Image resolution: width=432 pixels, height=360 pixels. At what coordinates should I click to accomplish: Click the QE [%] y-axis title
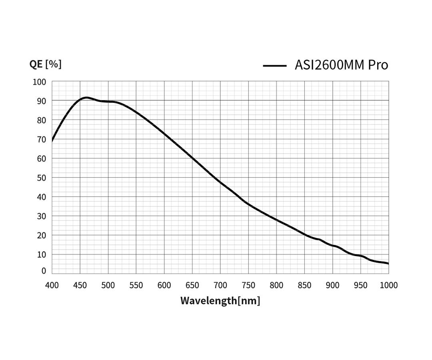tap(45, 64)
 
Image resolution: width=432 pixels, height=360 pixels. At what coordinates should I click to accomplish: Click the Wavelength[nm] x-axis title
tap(220, 300)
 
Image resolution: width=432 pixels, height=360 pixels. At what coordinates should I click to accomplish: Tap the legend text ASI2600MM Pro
tap(341, 65)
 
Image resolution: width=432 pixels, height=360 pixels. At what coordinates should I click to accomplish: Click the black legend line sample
tap(274, 66)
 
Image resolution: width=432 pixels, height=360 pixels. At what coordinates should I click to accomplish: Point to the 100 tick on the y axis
tap(39, 82)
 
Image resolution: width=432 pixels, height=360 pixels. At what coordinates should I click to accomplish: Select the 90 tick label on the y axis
tap(41, 101)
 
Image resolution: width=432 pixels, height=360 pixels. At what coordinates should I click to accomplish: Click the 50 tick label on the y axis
tap(41, 178)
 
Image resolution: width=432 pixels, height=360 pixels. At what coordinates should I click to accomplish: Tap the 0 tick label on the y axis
tap(44, 271)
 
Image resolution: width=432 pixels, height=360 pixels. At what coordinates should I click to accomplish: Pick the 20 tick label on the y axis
tap(41, 235)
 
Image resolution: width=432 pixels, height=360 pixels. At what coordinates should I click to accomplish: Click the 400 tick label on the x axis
tap(52, 285)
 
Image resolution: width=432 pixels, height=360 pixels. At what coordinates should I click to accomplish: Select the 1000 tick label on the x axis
tap(388, 285)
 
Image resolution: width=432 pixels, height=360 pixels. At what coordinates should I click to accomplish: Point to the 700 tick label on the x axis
tap(220, 285)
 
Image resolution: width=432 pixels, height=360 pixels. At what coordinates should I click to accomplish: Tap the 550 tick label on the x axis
tap(136, 285)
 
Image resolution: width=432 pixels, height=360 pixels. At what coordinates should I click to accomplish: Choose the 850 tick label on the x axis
tap(304, 285)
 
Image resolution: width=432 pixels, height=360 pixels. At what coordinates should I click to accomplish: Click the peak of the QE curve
tap(86, 97)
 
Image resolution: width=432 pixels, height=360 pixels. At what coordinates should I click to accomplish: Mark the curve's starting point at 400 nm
tap(52, 141)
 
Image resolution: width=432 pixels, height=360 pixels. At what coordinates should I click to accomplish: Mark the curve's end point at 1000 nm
tap(388, 264)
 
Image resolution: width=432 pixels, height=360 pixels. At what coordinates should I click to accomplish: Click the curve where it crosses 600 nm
tap(164, 133)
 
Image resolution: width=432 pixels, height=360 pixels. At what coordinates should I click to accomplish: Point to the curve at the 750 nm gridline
tap(248, 204)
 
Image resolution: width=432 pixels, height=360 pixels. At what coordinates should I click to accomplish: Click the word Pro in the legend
tap(378, 65)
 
